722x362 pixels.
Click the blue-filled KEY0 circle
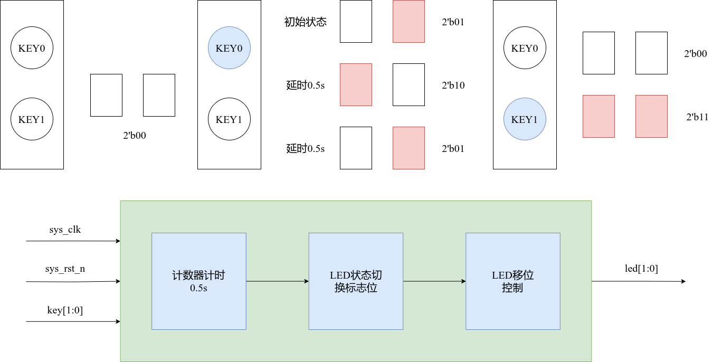pyautogui.click(x=229, y=48)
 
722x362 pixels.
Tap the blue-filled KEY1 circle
pyautogui.click(x=525, y=119)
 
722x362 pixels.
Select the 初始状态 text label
pyautogui.click(x=305, y=22)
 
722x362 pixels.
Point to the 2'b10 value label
pyautogui.click(x=453, y=85)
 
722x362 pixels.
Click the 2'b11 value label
pyautogui.click(x=697, y=117)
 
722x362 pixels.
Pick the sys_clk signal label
pyautogui.click(x=64, y=230)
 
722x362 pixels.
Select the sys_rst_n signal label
pyautogui.click(x=65, y=269)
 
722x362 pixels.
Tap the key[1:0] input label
pyautogui.click(x=65, y=310)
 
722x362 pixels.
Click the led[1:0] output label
pyautogui.click(x=641, y=269)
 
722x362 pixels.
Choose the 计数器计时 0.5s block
pyautogui.click(x=198, y=281)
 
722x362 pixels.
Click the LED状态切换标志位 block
pyautogui.click(x=356, y=281)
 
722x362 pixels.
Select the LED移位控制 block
pyautogui.click(x=512, y=281)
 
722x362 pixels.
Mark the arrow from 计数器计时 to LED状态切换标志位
pyautogui.click(x=277, y=281)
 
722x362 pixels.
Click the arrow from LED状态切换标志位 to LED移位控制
pyautogui.click(x=434, y=281)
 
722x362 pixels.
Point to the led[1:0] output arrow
pyautogui.click(x=639, y=281)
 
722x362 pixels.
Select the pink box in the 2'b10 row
pyautogui.click(x=356, y=84)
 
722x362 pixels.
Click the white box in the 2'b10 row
pyautogui.click(x=408, y=84)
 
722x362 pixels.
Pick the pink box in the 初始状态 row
pyautogui.click(x=408, y=21)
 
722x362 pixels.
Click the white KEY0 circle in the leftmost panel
pyautogui.click(x=32, y=48)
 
